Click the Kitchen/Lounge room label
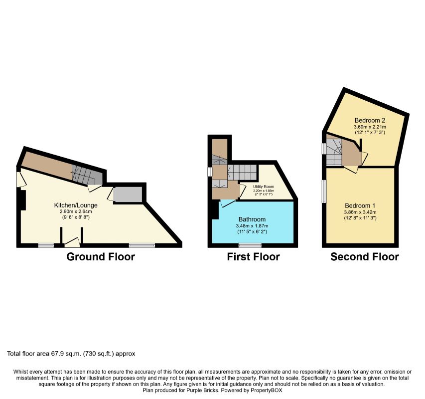coord(76,205)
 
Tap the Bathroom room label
coord(252,219)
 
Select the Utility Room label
coord(264,187)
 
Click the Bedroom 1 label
coord(359,205)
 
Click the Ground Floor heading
coord(101,257)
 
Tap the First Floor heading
coord(253,257)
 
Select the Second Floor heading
coord(365,257)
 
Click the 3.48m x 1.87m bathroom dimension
coord(252,226)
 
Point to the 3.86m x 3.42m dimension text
coord(359,212)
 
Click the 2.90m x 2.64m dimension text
coord(76,211)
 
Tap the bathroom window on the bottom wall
coord(250,245)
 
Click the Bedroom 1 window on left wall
coord(323,192)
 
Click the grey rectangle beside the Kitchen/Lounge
coord(128,194)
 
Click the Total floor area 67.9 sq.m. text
coord(71,354)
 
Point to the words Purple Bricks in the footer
coord(190,391)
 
